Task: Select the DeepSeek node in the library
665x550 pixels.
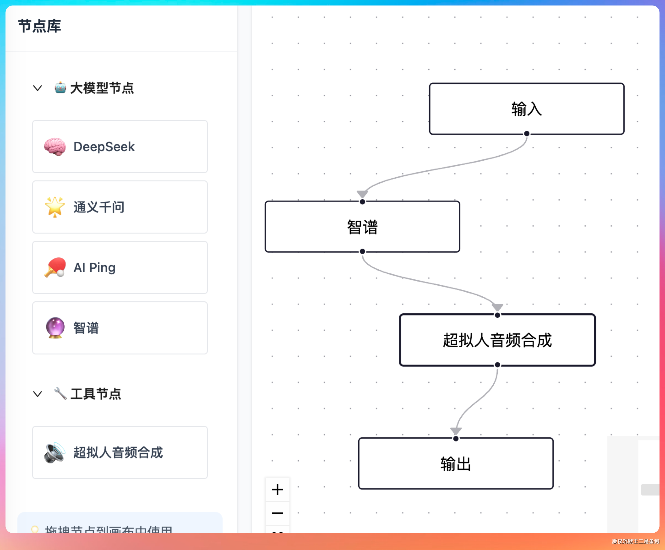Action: pos(120,147)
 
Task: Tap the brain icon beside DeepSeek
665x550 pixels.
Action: pos(55,147)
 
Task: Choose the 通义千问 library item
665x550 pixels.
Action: pos(120,207)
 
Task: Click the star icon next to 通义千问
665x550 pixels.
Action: pos(55,207)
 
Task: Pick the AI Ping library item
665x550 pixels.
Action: pos(120,268)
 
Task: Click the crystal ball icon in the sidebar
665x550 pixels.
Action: pos(55,328)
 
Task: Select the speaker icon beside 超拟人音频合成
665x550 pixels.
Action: pos(55,452)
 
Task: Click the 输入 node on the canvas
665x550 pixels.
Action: pos(527,109)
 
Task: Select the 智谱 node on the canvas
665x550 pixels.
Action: pos(362,227)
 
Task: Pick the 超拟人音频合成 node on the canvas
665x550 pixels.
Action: pos(497,340)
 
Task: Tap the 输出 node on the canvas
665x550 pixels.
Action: pos(456,463)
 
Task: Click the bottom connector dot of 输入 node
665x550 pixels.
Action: pos(527,134)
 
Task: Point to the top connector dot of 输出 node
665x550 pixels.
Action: pos(456,438)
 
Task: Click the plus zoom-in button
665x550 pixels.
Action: pos(277,490)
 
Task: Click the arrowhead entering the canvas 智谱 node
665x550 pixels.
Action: pos(362,193)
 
